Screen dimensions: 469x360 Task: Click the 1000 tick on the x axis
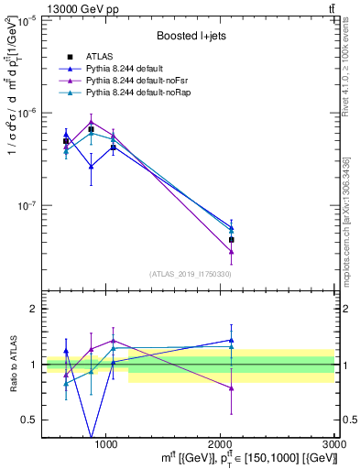tap(106, 442)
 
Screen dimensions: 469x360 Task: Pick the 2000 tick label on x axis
tap(221, 442)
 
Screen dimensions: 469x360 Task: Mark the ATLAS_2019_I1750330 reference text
tap(191, 274)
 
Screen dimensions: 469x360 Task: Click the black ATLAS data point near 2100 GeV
tap(232, 240)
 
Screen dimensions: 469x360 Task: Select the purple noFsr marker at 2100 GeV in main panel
tap(232, 251)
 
